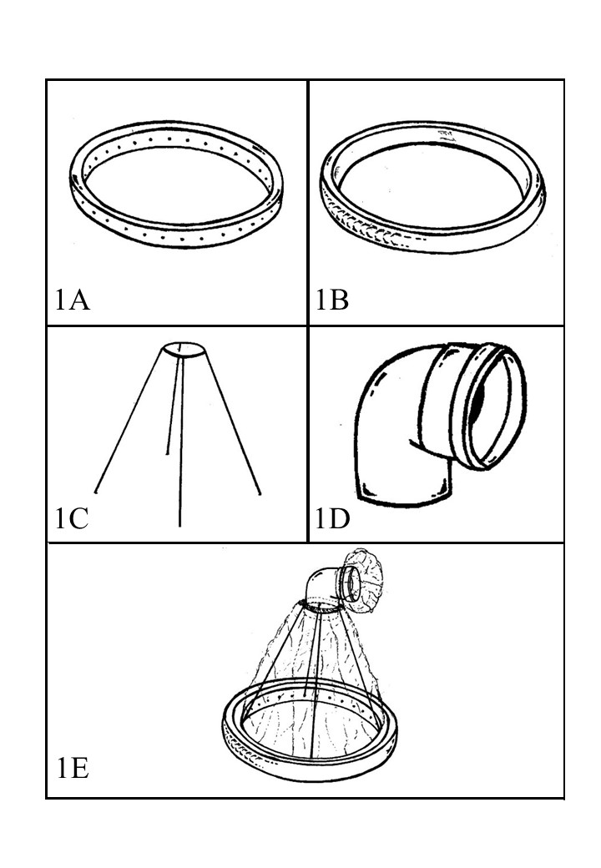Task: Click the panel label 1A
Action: point(73,300)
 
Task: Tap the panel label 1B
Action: point(332,300)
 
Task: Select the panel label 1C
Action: point(72,518)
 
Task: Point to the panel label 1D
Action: point(332,518)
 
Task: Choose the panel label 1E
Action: point(73,768)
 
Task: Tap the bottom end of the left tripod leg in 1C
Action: point(96,492)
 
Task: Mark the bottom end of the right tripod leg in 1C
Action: point(260,492)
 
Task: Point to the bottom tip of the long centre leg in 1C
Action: point(179,525)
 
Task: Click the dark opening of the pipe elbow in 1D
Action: point(477,400)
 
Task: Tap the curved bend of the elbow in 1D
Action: point(381,387)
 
